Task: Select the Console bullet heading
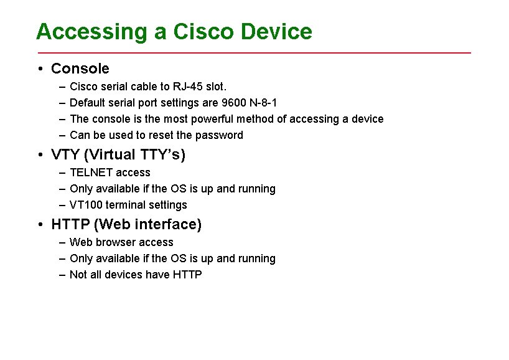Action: point(80,69)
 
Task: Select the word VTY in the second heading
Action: point(65,154)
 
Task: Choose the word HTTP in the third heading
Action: point(70,224)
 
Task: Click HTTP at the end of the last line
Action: point(188,275)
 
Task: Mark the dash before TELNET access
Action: point(63,173)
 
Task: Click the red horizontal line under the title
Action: point(254,53)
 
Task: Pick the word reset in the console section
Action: point(161,135)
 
